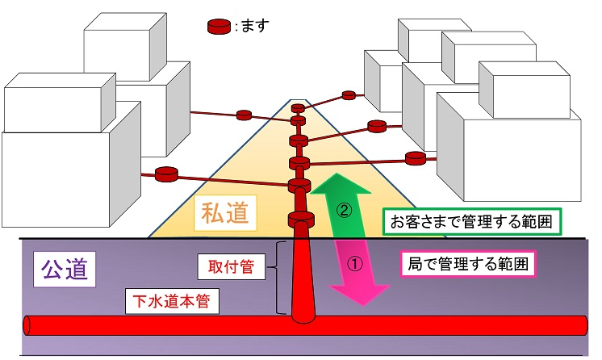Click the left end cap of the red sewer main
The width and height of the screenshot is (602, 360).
[x=28, y=325]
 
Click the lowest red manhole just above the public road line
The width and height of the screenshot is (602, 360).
[x=299, y=220]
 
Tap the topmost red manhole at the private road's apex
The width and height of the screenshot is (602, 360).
[x=299, y=107]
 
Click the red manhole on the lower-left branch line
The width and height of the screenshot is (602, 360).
[x=165, y=173]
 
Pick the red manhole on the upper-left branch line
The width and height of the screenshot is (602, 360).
[x=244, y=115]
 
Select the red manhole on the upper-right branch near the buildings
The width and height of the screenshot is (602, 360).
[x=349, y=95]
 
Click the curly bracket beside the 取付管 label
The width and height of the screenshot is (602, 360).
[x=279, y=277]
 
